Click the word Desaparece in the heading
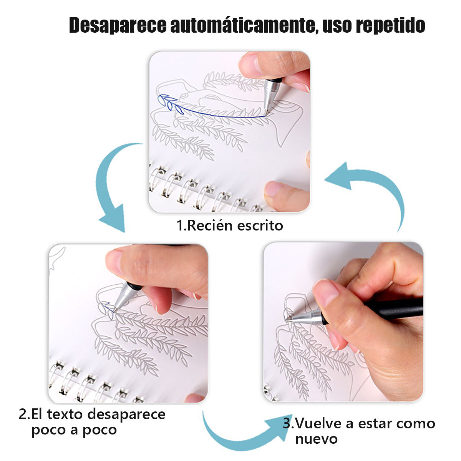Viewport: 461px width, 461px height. (x=118, y=25)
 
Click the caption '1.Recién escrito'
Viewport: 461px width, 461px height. (x=230, y=225)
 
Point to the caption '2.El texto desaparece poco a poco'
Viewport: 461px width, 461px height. (x=92, y=421)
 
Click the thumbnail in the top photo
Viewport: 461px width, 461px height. (x=249, y=64)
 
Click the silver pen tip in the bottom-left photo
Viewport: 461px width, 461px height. (x=117, y=305)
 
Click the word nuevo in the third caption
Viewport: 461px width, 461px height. (x=316, y=438)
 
